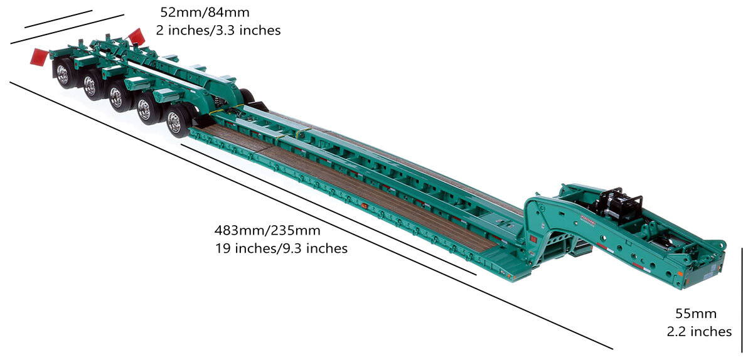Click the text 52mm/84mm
coord(205,13)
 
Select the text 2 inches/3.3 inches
coord(218,30)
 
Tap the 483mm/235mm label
coord(267,231)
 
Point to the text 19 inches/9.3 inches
coord(281,248)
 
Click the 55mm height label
coord(696,314)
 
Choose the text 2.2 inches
coord(699,332)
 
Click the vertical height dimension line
coord(742,300)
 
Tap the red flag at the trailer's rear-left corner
coord(39,57)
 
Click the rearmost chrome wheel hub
coord(63,74)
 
